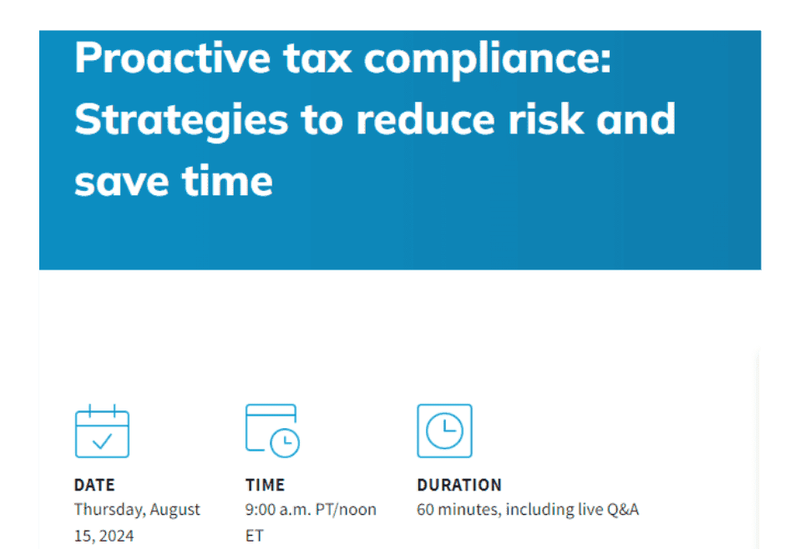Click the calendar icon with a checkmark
click(x=102, y=431)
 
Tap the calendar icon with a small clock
click(x=272, y=431)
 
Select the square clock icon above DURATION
click(x=444, y=431)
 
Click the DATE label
click(x=94, y=485)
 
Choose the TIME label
click(x=265, y=485)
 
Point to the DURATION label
click(x=458, y=485)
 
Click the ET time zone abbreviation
click(x=254, y=536)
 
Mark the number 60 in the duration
click(x=425, y=510)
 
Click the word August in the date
click(x=175, y=510)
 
